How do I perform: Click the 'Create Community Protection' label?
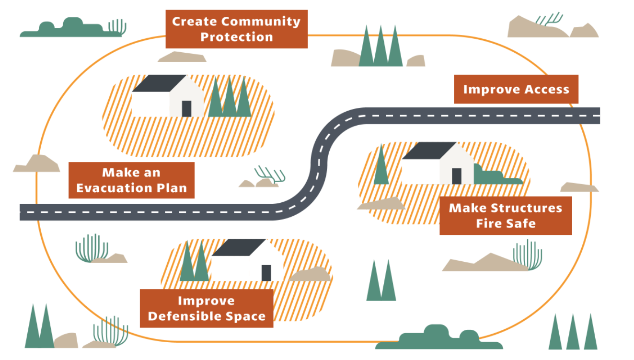pos(236,29)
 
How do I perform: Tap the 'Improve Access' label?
pos(516,90)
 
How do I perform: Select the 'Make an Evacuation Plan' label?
pos(131,180)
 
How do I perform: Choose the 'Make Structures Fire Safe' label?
pos(505,216)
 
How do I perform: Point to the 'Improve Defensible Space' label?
pos(207,309)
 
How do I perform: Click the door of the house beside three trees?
pos(186,109)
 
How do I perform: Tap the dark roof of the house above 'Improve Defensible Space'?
pos(238,247)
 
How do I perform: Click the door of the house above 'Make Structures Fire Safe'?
pos(456,176)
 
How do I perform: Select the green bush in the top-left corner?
pos(67,29)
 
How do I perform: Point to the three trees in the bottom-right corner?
pos(573,333)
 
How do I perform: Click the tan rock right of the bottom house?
pos(311,275)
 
